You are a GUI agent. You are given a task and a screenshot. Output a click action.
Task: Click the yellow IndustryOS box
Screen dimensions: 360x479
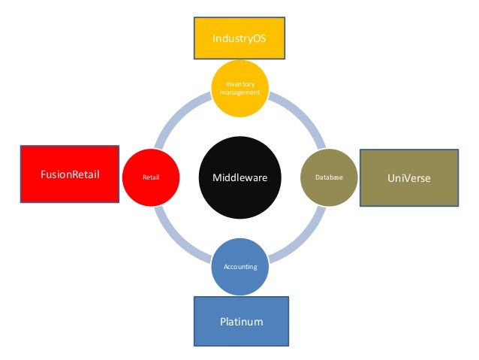click(239, 37)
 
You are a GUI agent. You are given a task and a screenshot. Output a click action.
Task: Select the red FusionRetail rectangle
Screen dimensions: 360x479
click(69, 174)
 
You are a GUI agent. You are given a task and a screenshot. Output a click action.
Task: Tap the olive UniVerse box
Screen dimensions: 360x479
click(408, 178)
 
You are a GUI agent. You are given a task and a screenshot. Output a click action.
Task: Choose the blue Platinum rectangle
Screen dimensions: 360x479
click(241, 321)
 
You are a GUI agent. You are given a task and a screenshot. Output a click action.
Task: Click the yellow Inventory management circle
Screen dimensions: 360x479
click(240, 89)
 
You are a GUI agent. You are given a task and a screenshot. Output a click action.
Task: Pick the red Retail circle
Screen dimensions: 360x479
click(152, 178)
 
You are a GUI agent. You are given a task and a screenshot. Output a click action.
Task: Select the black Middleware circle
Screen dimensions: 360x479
click(240, 177)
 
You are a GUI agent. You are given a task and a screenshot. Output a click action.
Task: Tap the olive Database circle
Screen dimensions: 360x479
click(329, 178)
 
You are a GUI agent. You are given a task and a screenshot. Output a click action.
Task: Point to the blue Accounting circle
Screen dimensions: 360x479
click(240, 266)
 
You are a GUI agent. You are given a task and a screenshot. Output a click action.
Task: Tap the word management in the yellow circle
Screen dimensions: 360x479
click(240, 93)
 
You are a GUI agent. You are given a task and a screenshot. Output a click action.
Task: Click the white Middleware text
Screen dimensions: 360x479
click(240, 177)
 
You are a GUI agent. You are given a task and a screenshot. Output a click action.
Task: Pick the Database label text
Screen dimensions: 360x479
click(329, 178)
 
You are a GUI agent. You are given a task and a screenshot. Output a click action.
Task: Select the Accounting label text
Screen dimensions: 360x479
click(240, 267)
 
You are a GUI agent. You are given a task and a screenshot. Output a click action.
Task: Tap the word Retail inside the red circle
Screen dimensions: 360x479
click(152, 178)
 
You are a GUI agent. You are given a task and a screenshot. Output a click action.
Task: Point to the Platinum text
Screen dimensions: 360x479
click(241, 322)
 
